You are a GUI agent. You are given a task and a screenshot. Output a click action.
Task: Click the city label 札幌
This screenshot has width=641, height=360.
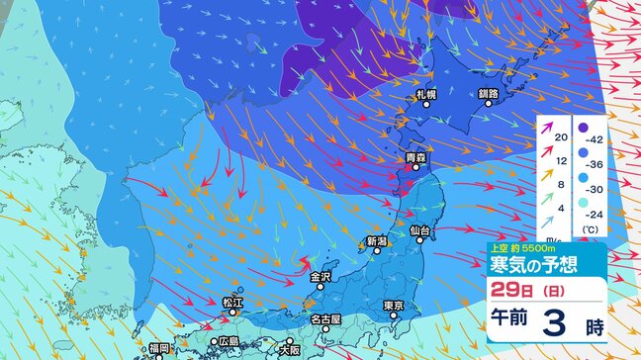[x=426, y=95]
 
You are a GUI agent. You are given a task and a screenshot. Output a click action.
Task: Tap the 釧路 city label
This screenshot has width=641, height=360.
[x=489, y=95]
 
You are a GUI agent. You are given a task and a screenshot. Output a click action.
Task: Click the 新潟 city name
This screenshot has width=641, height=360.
[x=376, y=241]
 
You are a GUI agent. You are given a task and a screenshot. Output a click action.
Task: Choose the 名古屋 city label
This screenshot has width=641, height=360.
[x=324, y=320]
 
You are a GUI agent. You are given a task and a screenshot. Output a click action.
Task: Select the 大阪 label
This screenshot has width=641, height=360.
[x=289, y=349]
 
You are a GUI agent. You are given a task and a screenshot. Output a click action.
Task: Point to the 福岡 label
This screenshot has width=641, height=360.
[x=160, y=349]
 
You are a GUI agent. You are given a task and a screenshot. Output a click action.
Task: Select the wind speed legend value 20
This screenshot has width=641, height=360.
[x=559, y=135]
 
